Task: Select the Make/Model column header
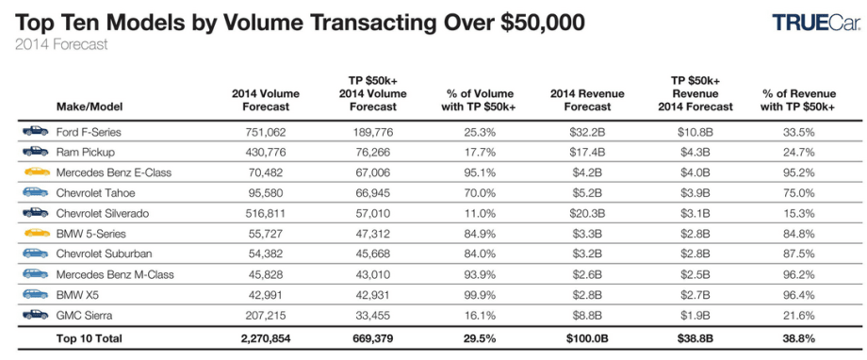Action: (90, 106)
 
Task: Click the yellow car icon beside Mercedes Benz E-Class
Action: (36, 172)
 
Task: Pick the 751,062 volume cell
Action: (266, 131)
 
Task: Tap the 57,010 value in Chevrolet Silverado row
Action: (376, 213)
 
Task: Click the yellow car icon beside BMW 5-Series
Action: (36, 233)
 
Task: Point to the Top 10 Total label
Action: (90, 338)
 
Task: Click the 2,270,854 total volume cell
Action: (266, 338)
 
